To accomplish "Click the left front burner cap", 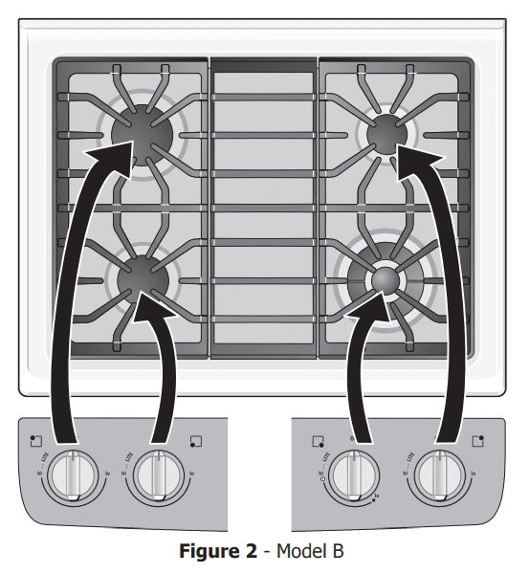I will click(x=143, y=278).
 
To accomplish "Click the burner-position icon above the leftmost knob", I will click(x=35, y=441).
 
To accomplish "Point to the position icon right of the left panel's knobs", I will click(x=196, y=441).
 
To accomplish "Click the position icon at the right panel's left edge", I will click(x=319, y=441).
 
